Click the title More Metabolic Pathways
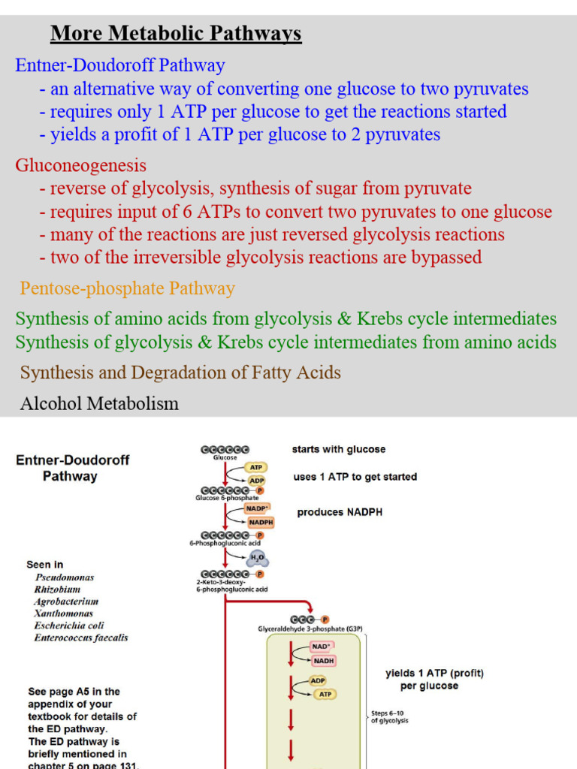point(176,34)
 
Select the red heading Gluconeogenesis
point(81,165)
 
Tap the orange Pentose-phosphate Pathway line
point(127,288)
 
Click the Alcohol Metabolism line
point(99,404)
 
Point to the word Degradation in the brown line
point(177,372)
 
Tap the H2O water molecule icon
point(258,559)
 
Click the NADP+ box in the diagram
point(258,508)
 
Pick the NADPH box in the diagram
point(260,522)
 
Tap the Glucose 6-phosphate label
point(227,498)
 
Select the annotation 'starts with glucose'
point(339,450)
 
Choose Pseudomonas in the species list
point(65,578)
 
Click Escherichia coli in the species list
point(69,626)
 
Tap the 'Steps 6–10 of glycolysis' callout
point(390,716)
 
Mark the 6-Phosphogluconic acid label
point(226,542)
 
